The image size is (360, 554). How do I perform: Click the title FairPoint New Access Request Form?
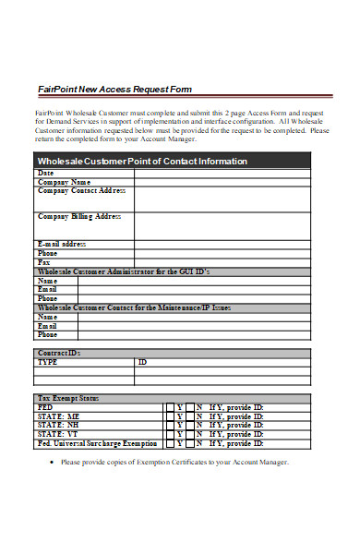114,90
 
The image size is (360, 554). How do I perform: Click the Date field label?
45,173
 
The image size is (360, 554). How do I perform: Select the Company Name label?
64,182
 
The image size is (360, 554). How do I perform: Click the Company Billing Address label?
79,216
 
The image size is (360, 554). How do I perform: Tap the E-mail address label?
61,244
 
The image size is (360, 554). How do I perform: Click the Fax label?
43,262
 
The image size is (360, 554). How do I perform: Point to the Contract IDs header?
58,353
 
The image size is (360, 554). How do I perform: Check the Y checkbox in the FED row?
169,407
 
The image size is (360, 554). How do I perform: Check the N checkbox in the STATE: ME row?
190,416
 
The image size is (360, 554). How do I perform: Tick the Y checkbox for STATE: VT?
169,434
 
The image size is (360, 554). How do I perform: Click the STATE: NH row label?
57,425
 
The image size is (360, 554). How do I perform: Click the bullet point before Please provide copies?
49,462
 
